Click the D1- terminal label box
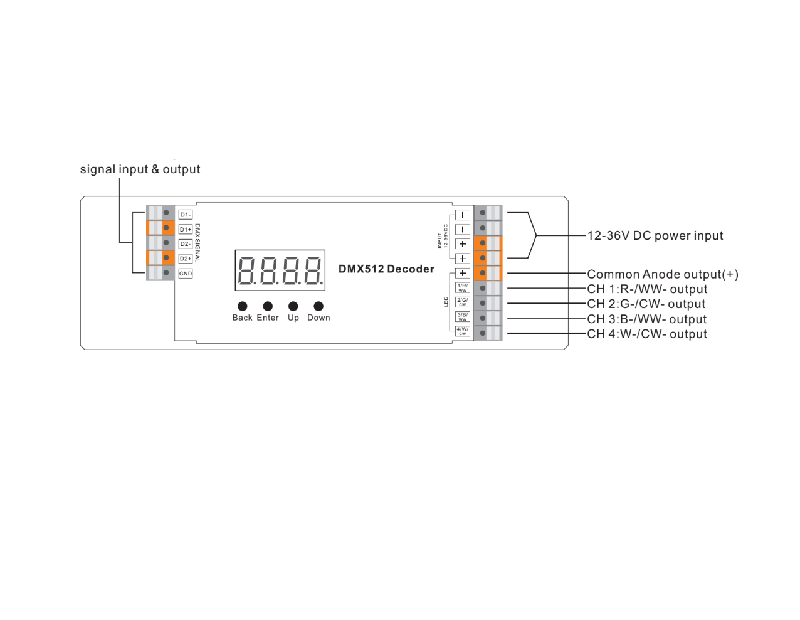point(186,215)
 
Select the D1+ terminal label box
point(186,230)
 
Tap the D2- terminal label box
point(186,244)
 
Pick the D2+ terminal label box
point(186,259)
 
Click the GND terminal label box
point(186,274)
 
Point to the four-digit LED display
point(280,270)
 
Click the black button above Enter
point(268,306)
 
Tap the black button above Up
point(293,306)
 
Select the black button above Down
point(318,306)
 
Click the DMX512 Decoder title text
point(386,269)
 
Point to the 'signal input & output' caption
point(140,169)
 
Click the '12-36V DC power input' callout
point(655,236)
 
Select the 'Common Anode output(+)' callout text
point(662,274)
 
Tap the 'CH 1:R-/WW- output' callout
point(647,289)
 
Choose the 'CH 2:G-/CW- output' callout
point(646,304)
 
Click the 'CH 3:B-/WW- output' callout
point(646,319)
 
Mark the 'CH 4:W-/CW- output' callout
point(647,334)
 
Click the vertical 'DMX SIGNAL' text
point(197,243)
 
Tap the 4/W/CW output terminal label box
point(463,331)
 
